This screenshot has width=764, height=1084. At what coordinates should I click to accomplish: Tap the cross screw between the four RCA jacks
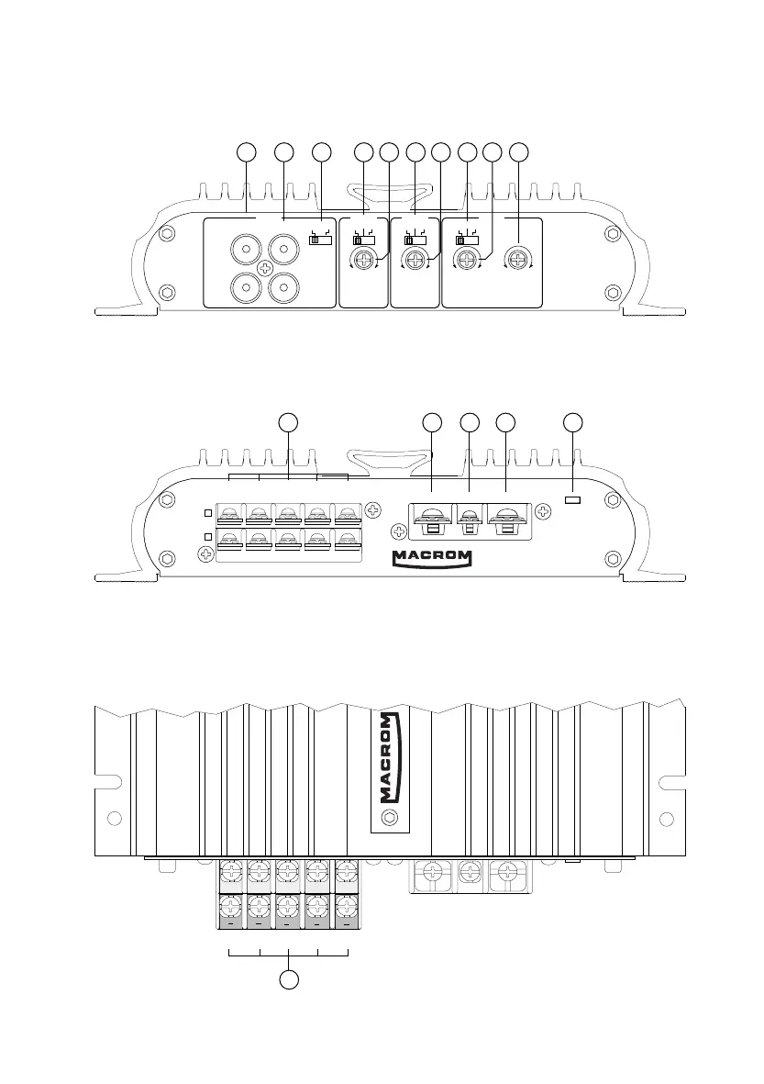263,269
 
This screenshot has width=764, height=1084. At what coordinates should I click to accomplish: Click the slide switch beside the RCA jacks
318,240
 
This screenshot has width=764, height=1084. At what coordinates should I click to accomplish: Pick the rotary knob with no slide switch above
519,261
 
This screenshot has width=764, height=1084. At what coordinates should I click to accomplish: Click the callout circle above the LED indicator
573,423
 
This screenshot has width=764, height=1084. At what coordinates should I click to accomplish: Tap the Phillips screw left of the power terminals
398,530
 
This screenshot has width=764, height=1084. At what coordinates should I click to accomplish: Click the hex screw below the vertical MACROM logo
388,818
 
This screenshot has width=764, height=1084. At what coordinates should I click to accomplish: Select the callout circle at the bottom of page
288,979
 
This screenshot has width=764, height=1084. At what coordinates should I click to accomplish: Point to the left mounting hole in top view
113,818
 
